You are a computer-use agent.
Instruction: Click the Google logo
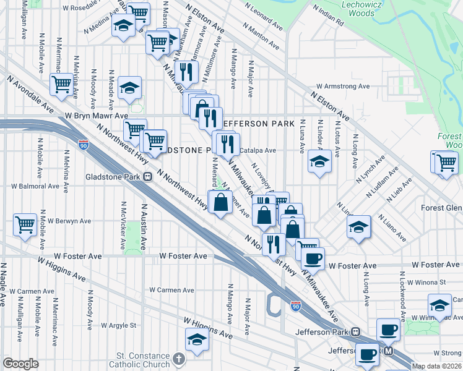click(x=20, y=364)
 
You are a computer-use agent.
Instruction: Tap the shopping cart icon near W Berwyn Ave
click(x=25, y=223)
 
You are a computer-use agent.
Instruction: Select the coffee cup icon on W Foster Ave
click(x=313, y=257)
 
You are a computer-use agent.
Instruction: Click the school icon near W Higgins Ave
click(x=197, y=339)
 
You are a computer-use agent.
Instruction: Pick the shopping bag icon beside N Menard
click(x=221, y=202)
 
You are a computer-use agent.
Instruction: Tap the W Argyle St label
click(x=118, y=325)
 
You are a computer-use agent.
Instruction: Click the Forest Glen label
click(x=441, y=208)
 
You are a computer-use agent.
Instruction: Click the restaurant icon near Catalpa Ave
click(x=226, y=144)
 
